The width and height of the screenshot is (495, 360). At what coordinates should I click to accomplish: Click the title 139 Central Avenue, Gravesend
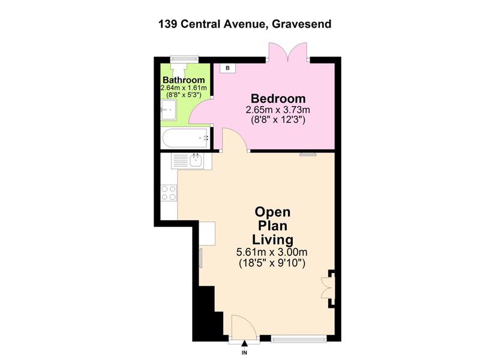(x=245, y=24)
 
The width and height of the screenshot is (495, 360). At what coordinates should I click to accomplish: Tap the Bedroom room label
(x=278, y=98)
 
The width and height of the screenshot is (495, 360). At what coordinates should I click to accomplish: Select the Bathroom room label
(x=184, y=80)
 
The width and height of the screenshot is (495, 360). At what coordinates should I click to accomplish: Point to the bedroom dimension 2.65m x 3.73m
(x=278, y=110)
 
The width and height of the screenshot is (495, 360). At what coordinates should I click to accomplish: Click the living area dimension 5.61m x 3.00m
(x=272, y=253)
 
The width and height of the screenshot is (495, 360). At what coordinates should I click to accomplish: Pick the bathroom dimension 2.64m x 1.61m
(x=184, y=88)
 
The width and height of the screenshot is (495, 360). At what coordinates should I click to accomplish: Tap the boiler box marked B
(x=227, y=68)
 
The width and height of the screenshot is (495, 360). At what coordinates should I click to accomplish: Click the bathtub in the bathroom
(x=185, y=138)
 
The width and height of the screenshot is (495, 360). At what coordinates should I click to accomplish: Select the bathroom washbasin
(x=169, y=110)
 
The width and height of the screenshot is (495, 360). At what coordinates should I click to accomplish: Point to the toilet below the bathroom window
(x=179, y=68)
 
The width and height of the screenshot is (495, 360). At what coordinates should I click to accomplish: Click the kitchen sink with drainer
(x=191, y=161)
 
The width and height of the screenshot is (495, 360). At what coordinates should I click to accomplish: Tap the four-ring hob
(x=169, y=193)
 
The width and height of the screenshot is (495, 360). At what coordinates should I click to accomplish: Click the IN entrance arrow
(x=244, y=344)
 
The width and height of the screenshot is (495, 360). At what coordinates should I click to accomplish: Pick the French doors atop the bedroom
(x=287, y=52)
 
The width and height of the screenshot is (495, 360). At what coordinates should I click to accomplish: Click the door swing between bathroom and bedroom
(x=201, y=112)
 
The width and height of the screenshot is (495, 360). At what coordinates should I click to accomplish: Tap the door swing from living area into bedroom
(x=235, y=139)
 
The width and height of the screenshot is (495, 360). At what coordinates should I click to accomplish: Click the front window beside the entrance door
(x=299, y=339)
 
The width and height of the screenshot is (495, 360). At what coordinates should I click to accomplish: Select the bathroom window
(x=184, y=58)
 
